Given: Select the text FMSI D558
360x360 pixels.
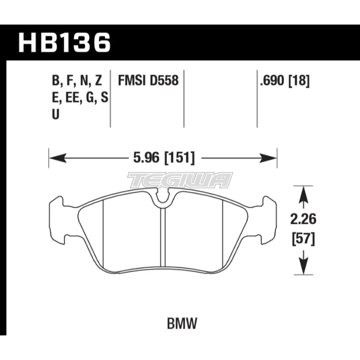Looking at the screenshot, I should click(148, 81).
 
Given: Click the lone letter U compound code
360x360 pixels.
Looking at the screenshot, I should click(56, 114).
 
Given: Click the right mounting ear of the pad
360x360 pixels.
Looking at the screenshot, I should click(268, 219).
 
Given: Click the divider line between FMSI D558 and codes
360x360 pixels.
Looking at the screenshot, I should click(110, 97).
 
